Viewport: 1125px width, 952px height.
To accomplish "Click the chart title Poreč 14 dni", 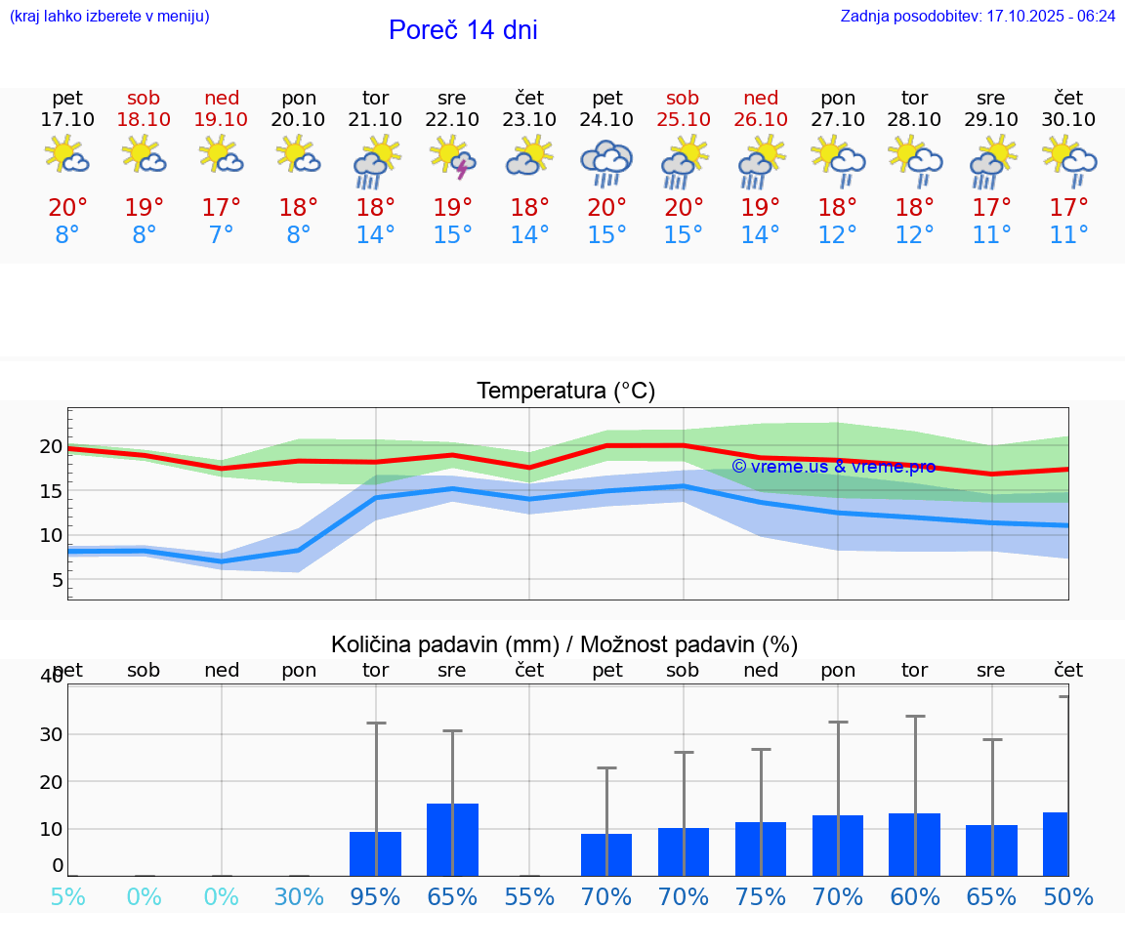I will pos(463,30).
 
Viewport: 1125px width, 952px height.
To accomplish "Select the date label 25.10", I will pos(683,120).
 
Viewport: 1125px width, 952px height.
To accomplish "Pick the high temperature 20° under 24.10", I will pos(606,208).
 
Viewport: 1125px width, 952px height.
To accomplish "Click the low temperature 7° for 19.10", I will pos(222,235).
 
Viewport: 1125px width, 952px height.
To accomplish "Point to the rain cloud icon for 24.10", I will pos(606,162).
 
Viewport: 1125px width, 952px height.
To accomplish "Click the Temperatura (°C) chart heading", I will pos(565,392).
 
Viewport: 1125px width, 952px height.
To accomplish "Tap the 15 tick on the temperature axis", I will pos(51,491).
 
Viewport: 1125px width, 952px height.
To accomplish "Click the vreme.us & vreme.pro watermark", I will pos(833,467).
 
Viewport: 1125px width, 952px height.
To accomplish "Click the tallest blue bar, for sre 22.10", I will pos(452,840).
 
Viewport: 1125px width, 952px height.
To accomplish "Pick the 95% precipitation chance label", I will pos(375,897).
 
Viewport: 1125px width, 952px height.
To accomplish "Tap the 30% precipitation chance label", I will pos(299,897).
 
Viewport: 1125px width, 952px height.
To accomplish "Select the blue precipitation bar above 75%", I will pos(761,849).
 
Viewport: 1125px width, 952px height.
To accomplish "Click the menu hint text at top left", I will pos(109,17).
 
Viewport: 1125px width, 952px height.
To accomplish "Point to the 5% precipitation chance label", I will pos(67,897).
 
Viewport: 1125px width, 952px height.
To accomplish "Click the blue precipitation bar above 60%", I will pos(914,845).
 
